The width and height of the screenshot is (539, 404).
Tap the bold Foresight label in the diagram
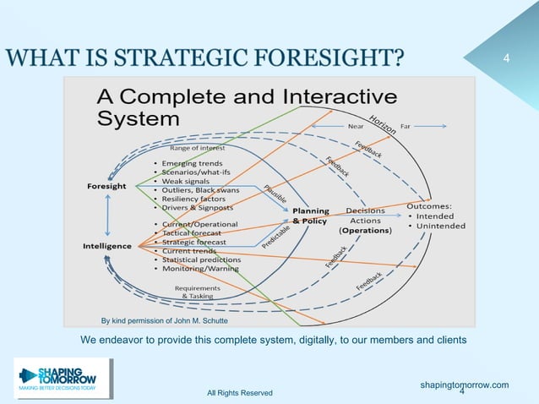[107, 186]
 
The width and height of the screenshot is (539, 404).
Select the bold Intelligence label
[107, 246]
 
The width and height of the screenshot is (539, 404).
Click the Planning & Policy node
[310, 216]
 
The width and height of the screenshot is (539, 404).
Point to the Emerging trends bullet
[193, 162]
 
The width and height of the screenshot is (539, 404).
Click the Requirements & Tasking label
[198, 292]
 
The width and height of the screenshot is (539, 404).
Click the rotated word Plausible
[275, 194]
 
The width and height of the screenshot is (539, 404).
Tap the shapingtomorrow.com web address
[464, 385]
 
